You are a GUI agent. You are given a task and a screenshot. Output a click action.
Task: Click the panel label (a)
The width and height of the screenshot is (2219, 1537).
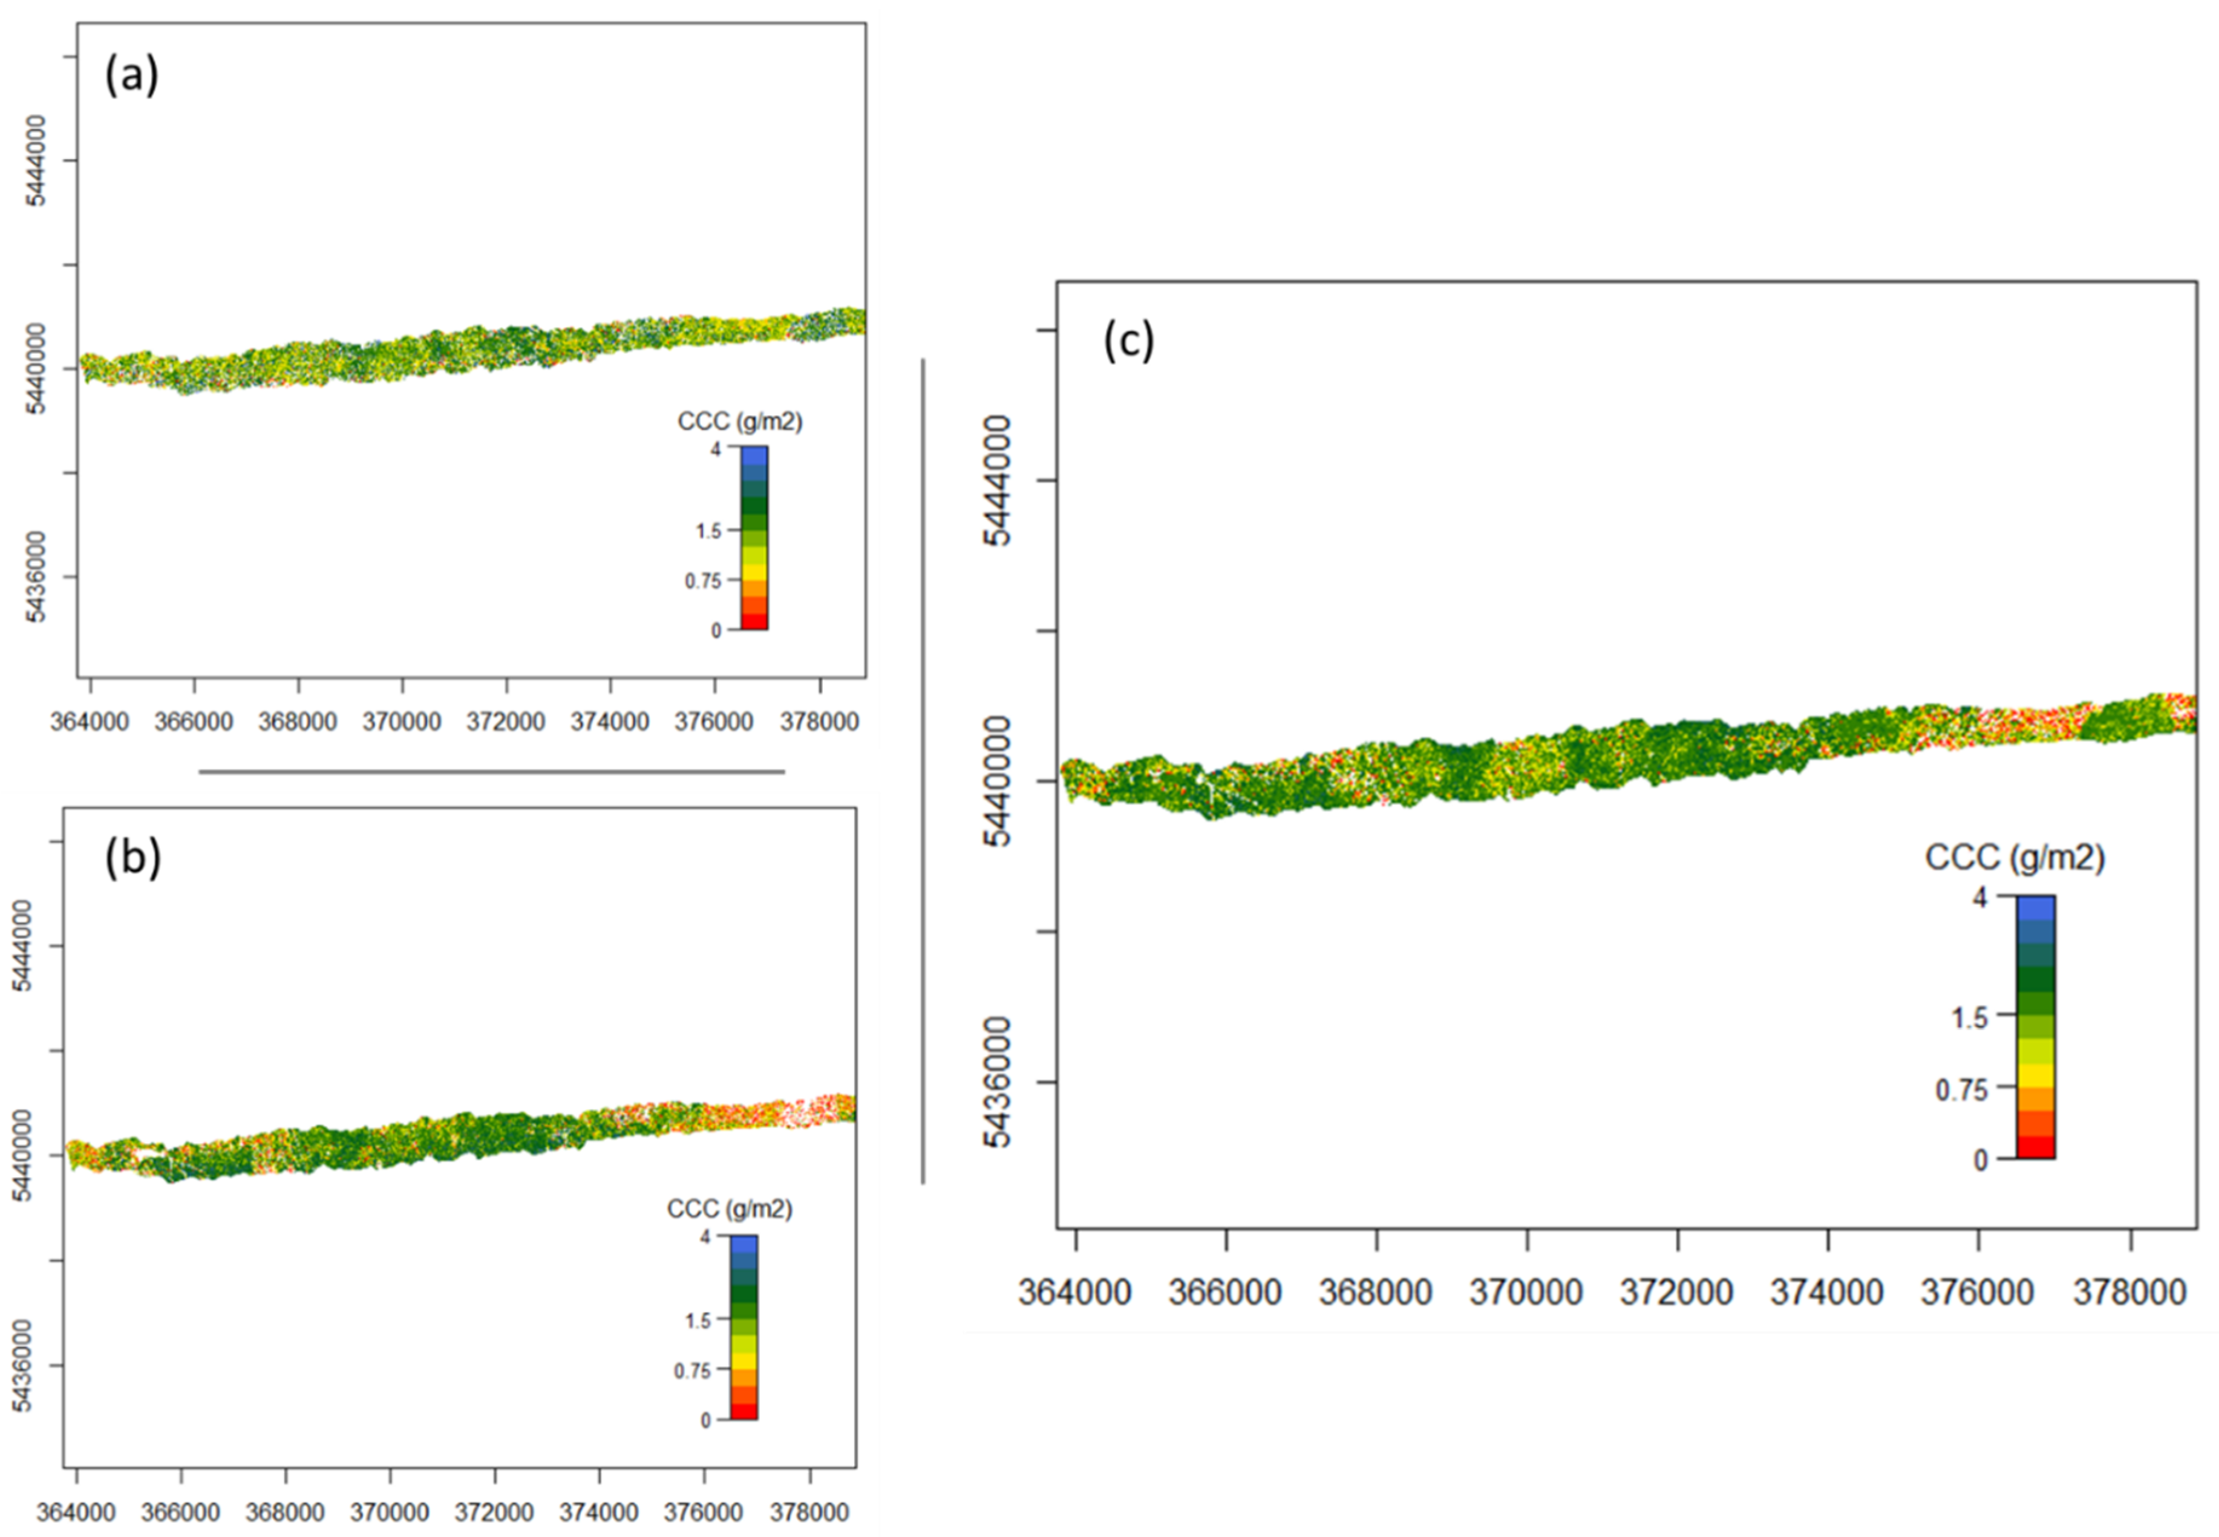click(x=132, y=74)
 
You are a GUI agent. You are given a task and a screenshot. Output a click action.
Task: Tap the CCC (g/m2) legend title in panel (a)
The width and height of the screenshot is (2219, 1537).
click(x=740, y=422)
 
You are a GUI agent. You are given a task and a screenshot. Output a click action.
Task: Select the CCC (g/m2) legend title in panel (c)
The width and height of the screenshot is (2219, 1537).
click(x=2015, y=857)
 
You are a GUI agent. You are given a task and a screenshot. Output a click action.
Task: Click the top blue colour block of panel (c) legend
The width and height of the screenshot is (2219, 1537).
click(x=2035, y=908)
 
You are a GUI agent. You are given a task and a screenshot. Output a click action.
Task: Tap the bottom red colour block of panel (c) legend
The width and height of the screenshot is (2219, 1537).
click(x=2035, y=1146)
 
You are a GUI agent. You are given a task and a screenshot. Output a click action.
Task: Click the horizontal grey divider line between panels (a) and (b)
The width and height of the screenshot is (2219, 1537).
click(x=491, y=771)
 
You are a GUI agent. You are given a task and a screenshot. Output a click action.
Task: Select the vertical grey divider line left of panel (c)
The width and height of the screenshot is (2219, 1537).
click(x=923, y=771)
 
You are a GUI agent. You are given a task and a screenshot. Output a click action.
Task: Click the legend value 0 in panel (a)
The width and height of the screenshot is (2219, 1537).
click(x=716, y=631)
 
